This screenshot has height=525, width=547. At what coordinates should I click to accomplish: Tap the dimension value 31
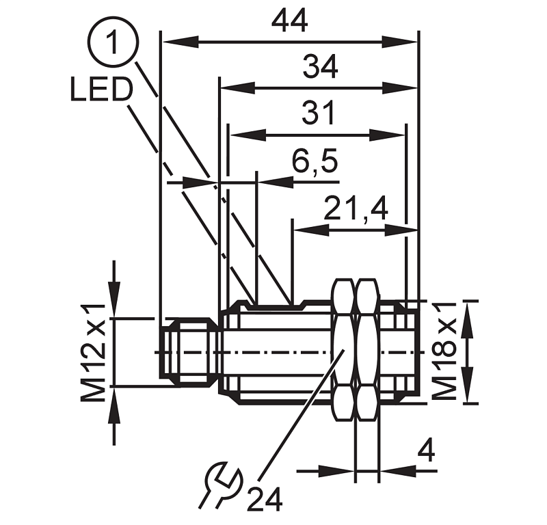319,113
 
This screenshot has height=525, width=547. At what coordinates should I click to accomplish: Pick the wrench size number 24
265,500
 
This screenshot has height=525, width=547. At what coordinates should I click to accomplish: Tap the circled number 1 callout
113,42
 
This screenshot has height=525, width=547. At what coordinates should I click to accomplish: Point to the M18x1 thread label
445,351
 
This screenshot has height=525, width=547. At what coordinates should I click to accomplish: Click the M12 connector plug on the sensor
188,352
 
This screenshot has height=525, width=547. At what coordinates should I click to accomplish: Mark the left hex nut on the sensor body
343,351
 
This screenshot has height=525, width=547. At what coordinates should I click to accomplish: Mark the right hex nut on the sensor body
367,351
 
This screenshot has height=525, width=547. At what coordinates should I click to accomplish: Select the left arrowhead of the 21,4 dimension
300,230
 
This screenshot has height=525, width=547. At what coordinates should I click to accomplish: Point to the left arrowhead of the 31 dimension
237,135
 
